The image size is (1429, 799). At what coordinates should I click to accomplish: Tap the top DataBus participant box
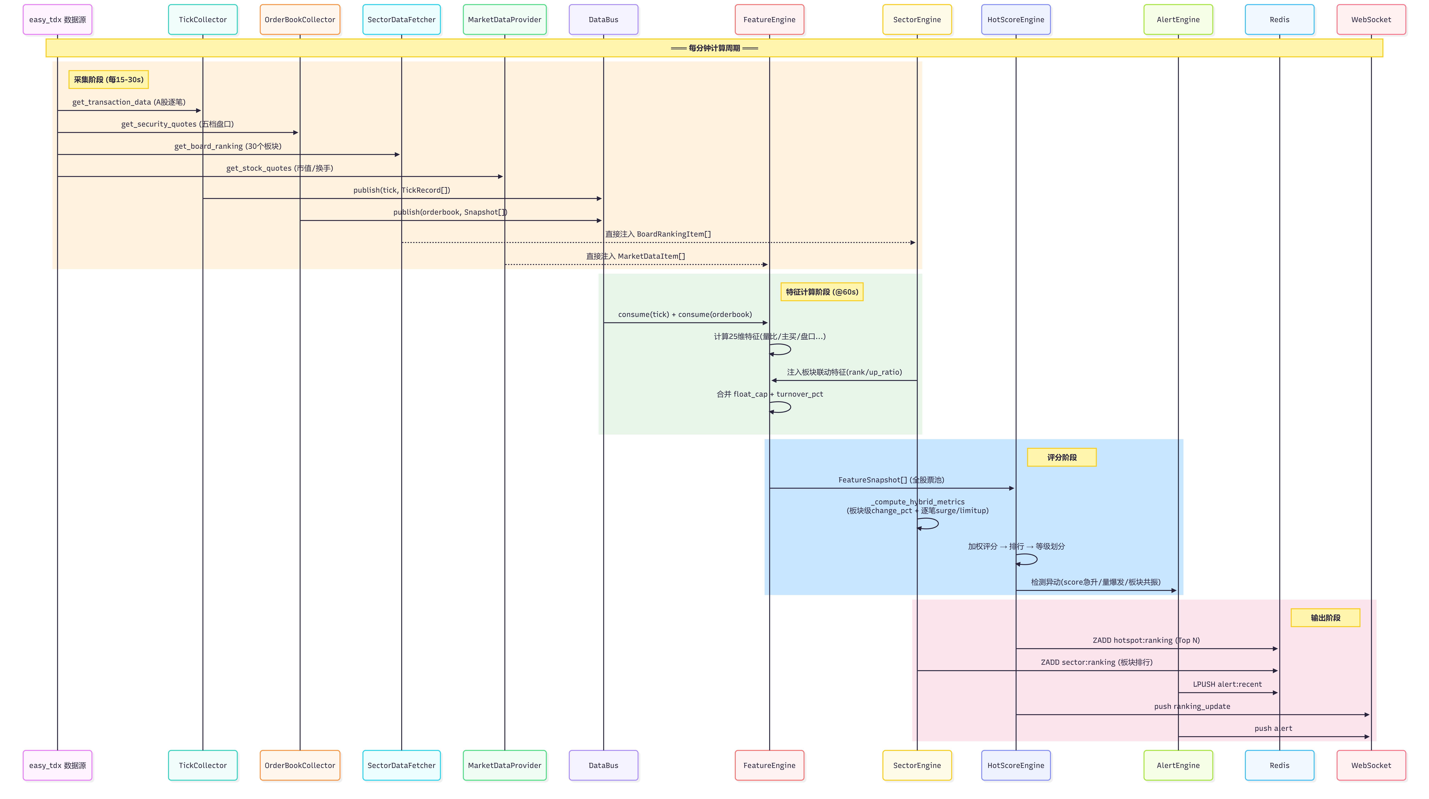[604, 19]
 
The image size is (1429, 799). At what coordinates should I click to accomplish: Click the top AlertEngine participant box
[1178, 19]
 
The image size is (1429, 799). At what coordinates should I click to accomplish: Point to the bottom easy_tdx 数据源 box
[58, 765]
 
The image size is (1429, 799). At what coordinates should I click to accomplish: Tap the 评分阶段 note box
[1062, 457]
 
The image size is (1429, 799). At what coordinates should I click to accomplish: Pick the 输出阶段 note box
[1325, 618]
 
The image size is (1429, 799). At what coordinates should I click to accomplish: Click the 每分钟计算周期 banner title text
[715, 48]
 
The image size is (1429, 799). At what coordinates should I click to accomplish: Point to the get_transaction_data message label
[129, 102]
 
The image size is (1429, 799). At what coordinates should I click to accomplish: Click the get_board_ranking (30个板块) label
[228, 146]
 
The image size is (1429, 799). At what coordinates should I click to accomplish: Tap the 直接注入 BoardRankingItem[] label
[658, 234]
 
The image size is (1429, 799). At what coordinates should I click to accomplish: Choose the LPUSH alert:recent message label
[1227, 684]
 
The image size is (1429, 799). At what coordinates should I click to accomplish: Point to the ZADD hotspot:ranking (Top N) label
[1146, 640]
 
